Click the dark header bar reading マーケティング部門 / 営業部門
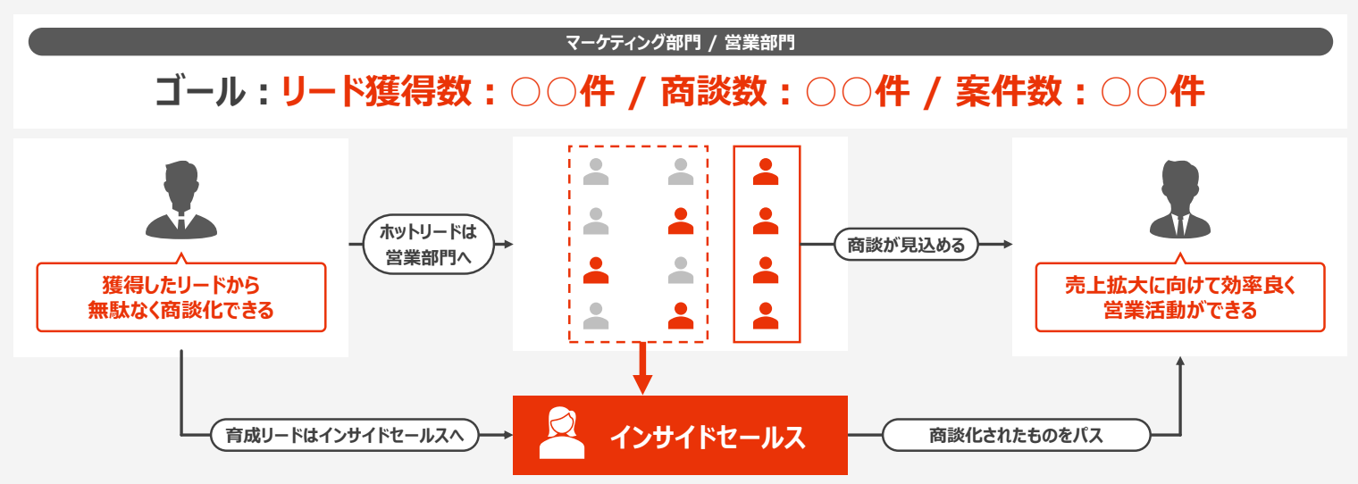[680, 42]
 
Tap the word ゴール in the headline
[198, 92]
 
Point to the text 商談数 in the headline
[712, 92]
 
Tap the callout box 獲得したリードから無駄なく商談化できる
[181, 298]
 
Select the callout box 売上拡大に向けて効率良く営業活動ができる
[1179, 298]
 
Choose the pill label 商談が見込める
[906, 245]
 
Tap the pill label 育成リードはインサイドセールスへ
[345, 436]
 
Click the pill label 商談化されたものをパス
[1016, 436]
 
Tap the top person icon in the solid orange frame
[766, 171]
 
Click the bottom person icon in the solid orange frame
[766, 315]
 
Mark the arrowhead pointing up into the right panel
[1180, 362]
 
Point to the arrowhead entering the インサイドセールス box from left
[506, 436]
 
